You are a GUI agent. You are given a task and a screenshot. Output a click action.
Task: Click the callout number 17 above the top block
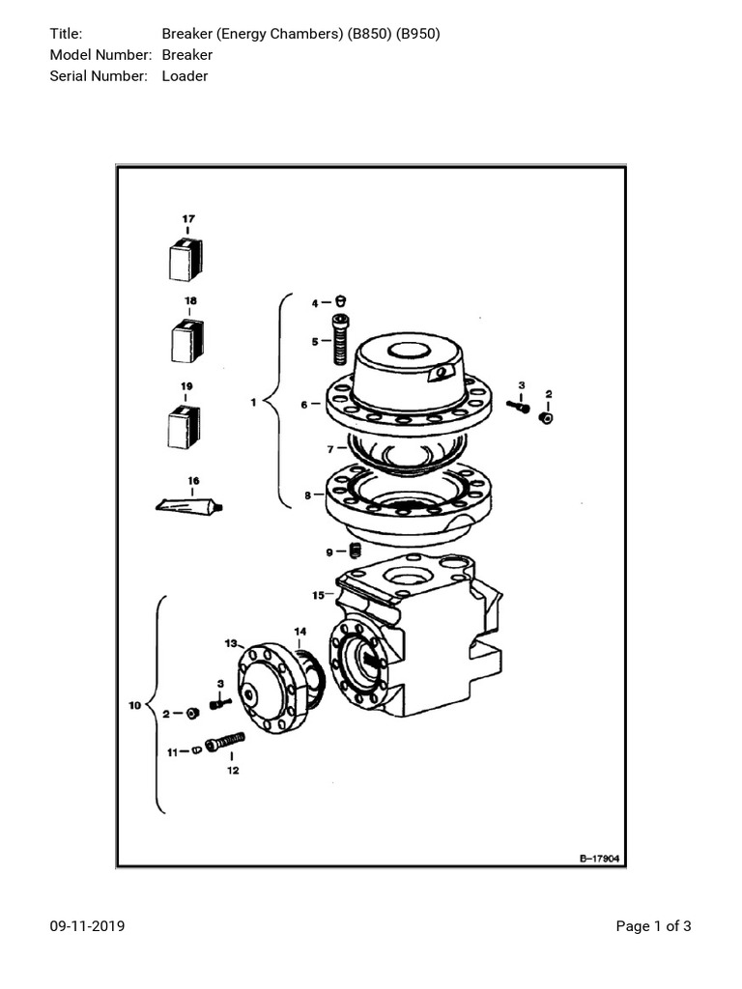188,218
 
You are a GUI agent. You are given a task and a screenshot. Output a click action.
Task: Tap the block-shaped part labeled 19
183,426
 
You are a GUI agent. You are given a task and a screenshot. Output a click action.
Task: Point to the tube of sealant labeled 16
189,504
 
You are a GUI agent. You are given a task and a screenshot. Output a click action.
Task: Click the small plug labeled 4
340,301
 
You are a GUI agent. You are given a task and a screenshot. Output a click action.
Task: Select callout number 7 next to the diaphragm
329,449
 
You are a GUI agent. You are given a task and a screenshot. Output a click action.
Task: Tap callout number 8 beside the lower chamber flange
307,495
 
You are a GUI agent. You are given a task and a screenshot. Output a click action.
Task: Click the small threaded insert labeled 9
355,551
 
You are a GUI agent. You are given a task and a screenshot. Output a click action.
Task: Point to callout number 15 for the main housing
317,594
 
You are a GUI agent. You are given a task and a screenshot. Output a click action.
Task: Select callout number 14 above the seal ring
300,632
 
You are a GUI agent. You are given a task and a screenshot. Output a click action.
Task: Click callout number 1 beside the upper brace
253,403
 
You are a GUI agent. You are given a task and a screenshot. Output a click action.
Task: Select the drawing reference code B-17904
599,857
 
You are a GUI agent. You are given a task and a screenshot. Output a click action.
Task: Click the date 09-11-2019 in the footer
87,926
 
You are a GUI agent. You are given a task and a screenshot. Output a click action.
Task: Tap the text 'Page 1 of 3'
653,926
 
